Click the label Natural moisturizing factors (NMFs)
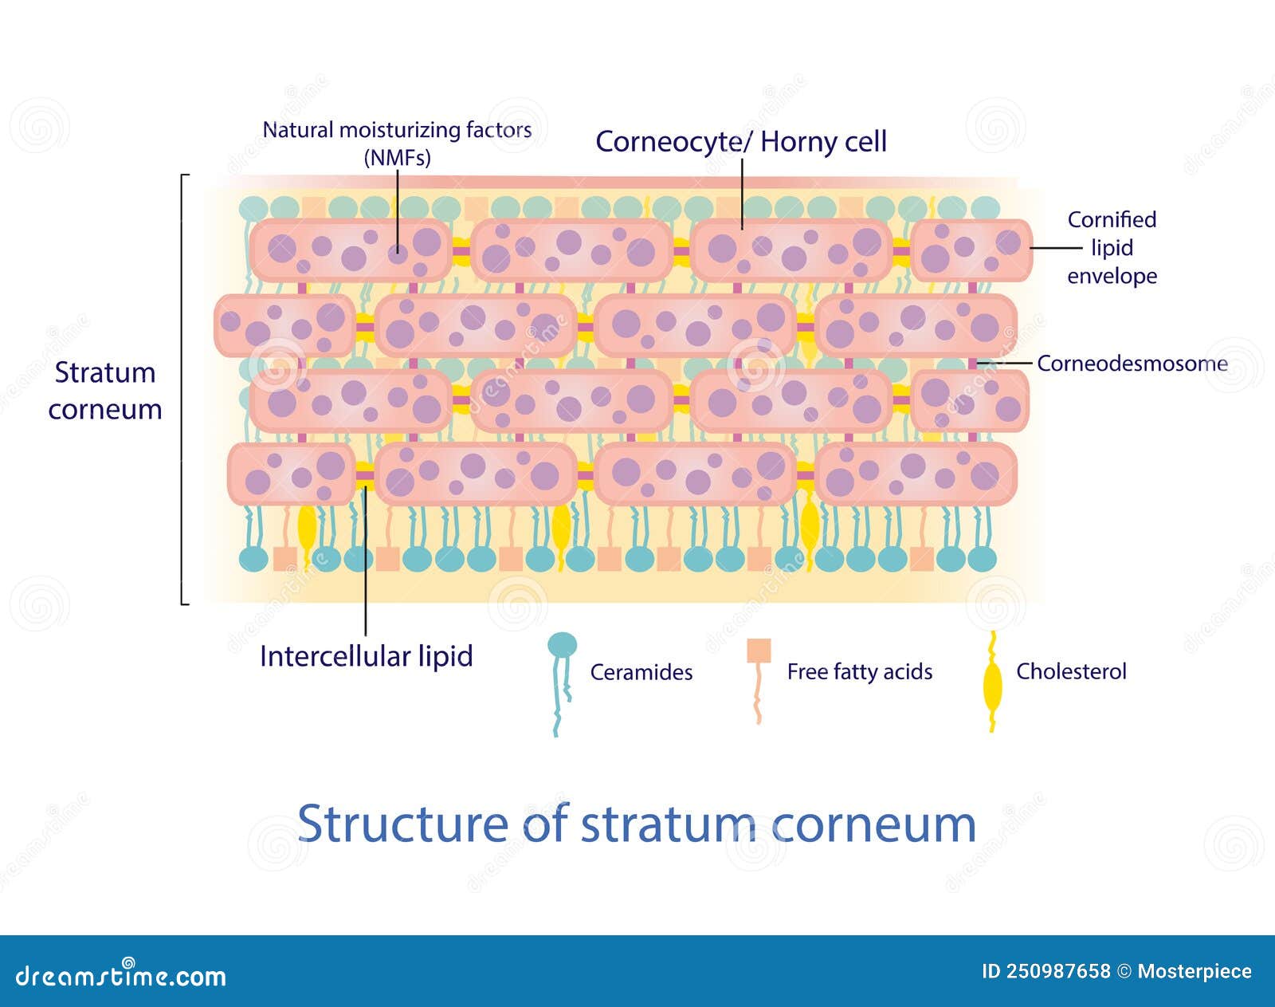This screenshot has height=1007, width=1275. coord(397,144)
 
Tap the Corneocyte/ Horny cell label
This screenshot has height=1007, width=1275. coord(741,142)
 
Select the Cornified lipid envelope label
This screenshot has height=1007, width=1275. coord(1112,248)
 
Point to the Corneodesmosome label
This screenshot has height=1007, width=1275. coord(1132,364)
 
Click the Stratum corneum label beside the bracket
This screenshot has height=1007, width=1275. coord(105,391)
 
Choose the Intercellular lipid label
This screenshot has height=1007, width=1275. coord(366,656)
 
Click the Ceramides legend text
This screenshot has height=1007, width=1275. coord(641,672)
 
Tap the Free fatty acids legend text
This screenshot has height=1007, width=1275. coord(860,671)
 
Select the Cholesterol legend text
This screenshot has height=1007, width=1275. coord(1071,671)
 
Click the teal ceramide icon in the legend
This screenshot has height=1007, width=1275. coord(561,684)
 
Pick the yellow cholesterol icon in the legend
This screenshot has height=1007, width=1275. coord(992,682)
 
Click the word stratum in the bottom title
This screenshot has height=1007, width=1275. coord(669,824)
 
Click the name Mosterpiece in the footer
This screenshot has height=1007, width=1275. coord(1195,971)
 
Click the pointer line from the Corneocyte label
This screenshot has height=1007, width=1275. coord(742,194)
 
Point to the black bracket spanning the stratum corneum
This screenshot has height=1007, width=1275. coord(182,389)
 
